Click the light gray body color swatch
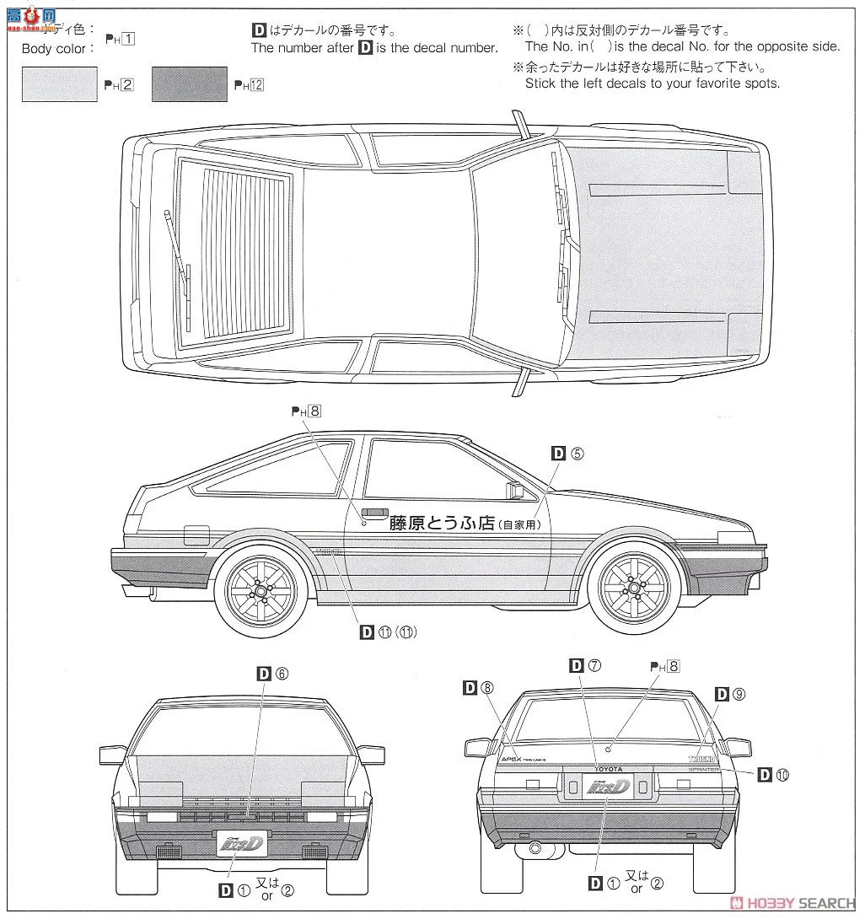click(x=60, y=84)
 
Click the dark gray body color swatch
click(x=190, y=84)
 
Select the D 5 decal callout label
click(x=567, y=453)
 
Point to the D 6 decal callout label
click(x=272, y=673)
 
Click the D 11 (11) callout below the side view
click(x=388, y=631)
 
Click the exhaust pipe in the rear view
click(x=533, y=847)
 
